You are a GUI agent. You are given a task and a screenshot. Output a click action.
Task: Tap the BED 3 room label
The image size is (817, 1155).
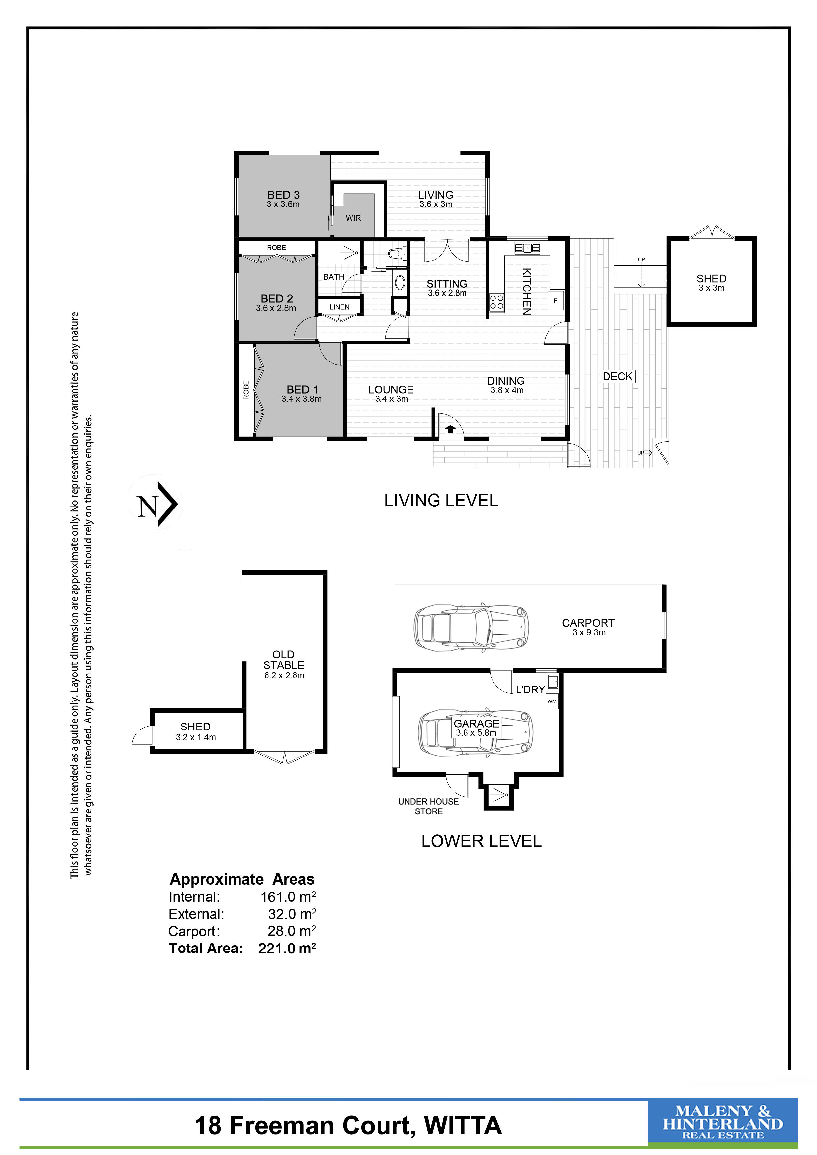(x=283, y=195)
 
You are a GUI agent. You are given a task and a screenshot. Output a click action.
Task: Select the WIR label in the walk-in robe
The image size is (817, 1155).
(x=353, y=218)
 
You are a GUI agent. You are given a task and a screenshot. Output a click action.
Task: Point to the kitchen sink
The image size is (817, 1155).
(x=527, y=248)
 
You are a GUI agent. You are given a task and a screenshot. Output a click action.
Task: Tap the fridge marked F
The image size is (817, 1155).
(x=555, y=301)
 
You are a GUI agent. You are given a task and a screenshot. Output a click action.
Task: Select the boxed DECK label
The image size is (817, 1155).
(x=617, y=376)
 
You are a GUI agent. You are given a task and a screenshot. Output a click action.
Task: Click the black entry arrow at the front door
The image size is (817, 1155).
(x=451, y=428)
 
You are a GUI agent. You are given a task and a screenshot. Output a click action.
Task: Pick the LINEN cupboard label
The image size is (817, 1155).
(x=340, y=307)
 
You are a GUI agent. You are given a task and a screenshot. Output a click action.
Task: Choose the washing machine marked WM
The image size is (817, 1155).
(x=552, y=701)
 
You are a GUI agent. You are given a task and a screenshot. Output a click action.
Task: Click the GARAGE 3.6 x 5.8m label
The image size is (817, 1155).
(x=476, y=728)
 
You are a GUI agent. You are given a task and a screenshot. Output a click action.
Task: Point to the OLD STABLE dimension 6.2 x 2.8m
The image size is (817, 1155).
(x=284, y=675)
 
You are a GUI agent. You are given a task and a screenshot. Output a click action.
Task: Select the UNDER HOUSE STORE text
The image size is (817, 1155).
(x=429, y=806)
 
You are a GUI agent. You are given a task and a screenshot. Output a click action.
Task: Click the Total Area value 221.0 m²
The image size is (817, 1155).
(x=287, y=948)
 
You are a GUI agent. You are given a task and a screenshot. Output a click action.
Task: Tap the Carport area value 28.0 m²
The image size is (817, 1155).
(x=292, y=931)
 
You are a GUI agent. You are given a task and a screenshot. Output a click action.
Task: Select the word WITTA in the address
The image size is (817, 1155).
(x=463, y=1126)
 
